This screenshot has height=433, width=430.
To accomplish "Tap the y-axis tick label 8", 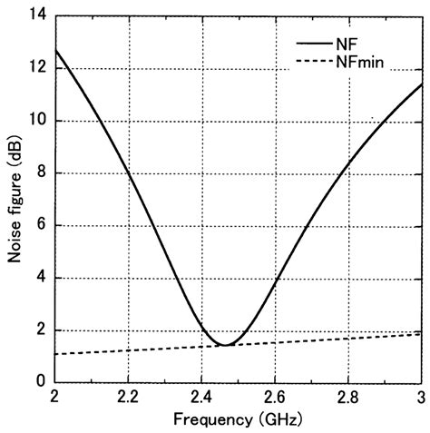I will [x=40, y=173].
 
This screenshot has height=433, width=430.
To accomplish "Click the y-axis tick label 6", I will [x=40, y=226].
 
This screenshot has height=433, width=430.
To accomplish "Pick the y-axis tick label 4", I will [x=40, y=278].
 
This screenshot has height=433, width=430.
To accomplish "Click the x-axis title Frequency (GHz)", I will [x=238, y=420].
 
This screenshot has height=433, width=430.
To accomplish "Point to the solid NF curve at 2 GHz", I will [x=55, y=50].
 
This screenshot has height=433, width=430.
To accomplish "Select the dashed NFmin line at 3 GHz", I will [x=421, y=333].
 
